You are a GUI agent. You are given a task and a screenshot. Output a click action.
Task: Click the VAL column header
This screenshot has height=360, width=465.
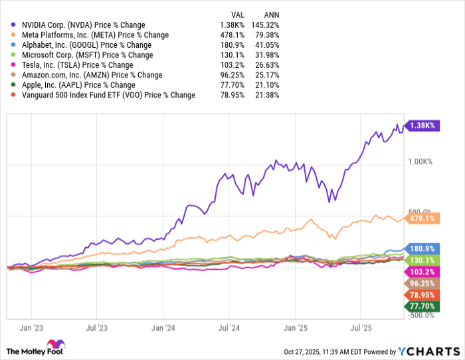point(237,13)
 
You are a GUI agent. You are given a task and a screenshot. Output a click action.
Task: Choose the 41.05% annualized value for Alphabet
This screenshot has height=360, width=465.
point(267,45)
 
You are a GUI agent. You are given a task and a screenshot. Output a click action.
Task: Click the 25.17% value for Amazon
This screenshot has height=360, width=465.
point(267,75)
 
